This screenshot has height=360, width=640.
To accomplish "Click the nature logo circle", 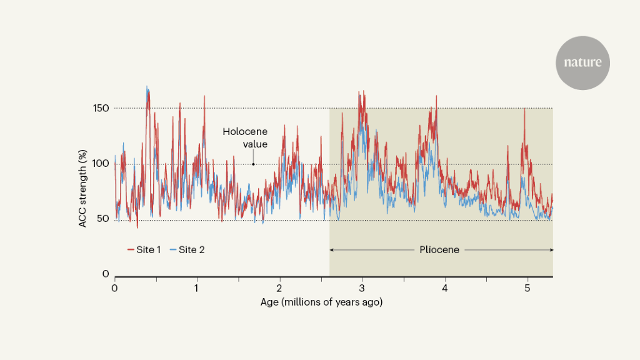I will click(582, 62).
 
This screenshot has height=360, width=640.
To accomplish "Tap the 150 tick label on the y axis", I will click(102, 108).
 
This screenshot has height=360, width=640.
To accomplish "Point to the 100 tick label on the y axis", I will click(102, 164).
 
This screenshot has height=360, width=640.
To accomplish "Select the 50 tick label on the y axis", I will click(103, 219).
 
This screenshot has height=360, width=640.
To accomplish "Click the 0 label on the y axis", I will click(106, 274).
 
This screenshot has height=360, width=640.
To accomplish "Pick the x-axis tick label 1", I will click(197, 288).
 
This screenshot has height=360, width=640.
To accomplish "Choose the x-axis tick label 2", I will click(279, 288).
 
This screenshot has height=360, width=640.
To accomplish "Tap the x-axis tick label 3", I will click(362, 288).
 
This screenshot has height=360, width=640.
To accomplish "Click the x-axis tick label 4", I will click(444, 288).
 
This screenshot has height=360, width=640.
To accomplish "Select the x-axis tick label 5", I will click(527, 288).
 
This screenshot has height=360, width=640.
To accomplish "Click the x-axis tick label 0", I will click(114, 288).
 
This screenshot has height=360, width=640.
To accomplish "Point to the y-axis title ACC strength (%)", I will click(83, 188).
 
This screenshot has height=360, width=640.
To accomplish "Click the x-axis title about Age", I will click(321, 302).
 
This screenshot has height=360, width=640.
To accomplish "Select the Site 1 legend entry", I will click(144, 250).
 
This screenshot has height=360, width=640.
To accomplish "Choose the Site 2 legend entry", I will click(187, 250).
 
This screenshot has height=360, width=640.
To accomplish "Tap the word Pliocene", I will click(439, 250).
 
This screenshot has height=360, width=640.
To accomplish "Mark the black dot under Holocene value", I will click(253, 164).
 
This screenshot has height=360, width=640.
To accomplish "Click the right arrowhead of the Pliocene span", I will click(551, 250).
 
